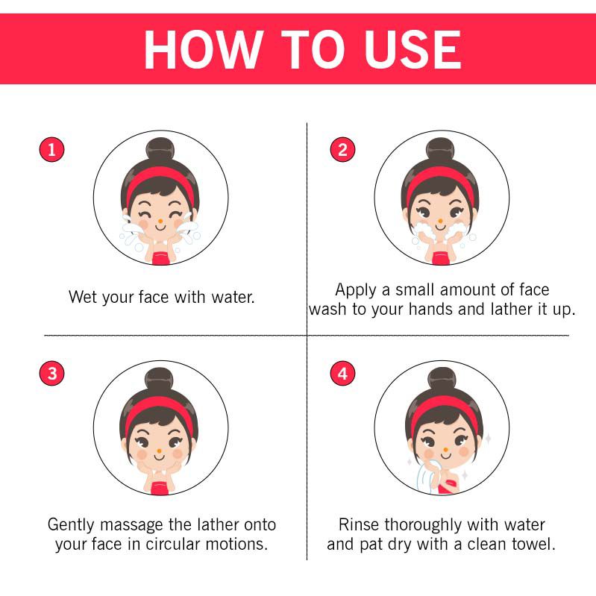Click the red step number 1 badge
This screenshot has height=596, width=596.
[51, 149]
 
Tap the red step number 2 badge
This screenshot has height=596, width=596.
[343, 149]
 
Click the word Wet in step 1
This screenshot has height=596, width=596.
[84, 297]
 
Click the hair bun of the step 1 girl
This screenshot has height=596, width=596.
[160, 149]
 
